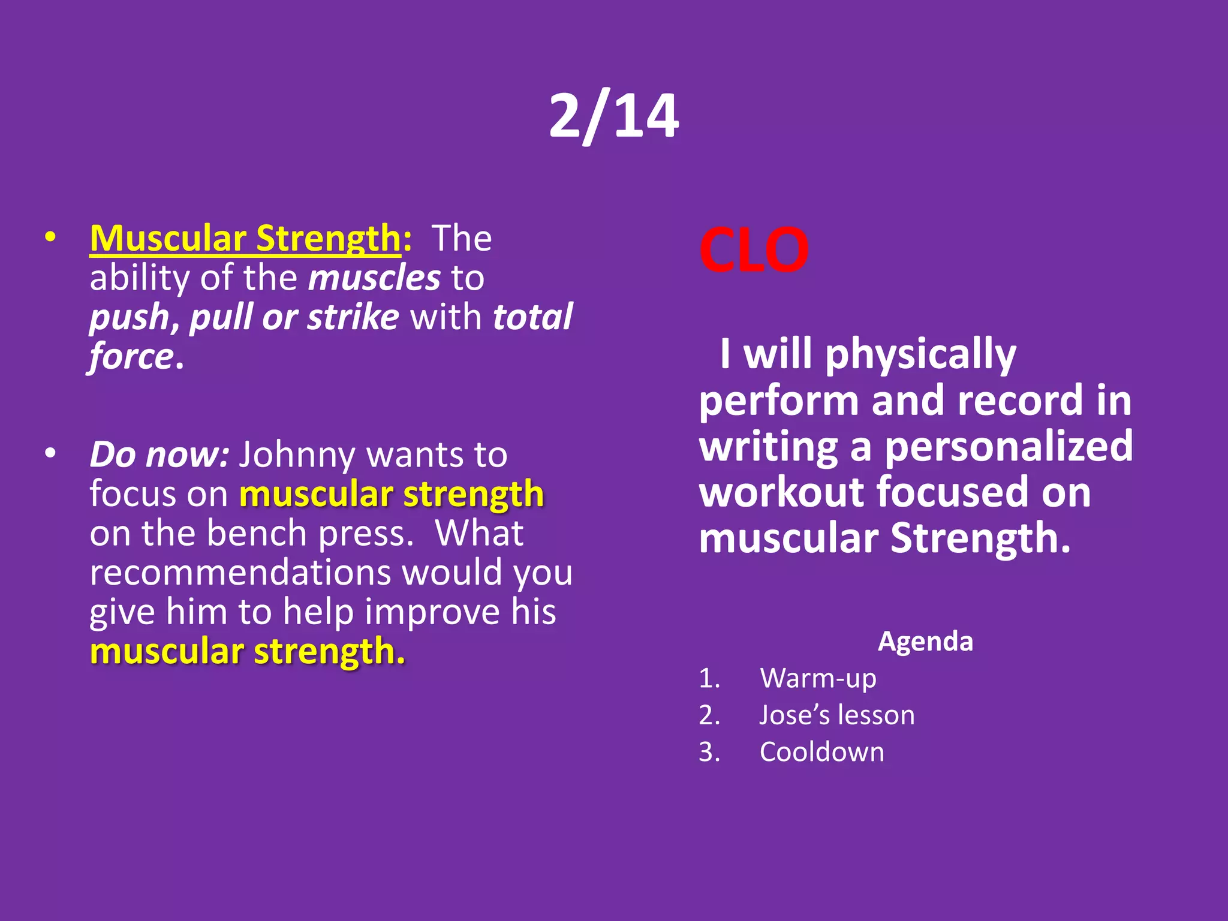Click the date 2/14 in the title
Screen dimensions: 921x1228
tap(614, 116)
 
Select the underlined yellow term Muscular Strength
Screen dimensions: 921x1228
tap(245, 238)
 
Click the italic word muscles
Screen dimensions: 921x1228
tap(375, 278)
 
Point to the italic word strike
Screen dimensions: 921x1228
tap(353, 317)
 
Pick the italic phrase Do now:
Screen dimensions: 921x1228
tap(159, 455)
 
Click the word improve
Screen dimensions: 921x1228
tap(432, 612)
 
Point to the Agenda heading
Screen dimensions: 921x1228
tap(925, 642)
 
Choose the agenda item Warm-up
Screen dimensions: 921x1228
tap(818, 678)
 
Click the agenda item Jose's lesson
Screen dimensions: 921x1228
tap(837, 715)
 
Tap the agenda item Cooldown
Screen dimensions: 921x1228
tap(821, 752)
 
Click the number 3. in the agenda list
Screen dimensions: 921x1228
tap(709, 752)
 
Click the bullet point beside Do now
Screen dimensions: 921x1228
tap(50, 453)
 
